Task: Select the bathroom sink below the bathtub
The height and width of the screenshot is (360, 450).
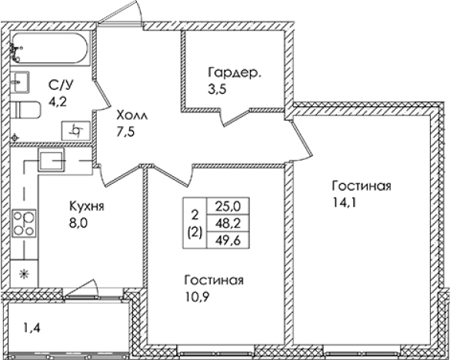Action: coord(21,81)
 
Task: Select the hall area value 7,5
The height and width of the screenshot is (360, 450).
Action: coord(126,131)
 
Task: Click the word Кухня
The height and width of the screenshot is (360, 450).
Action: coord(86,207)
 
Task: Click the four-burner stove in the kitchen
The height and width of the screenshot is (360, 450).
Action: coord(26,222)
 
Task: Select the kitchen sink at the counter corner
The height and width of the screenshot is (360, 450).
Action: coord(52,160)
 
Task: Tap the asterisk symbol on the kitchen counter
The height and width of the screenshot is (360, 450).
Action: coord(23,273)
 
